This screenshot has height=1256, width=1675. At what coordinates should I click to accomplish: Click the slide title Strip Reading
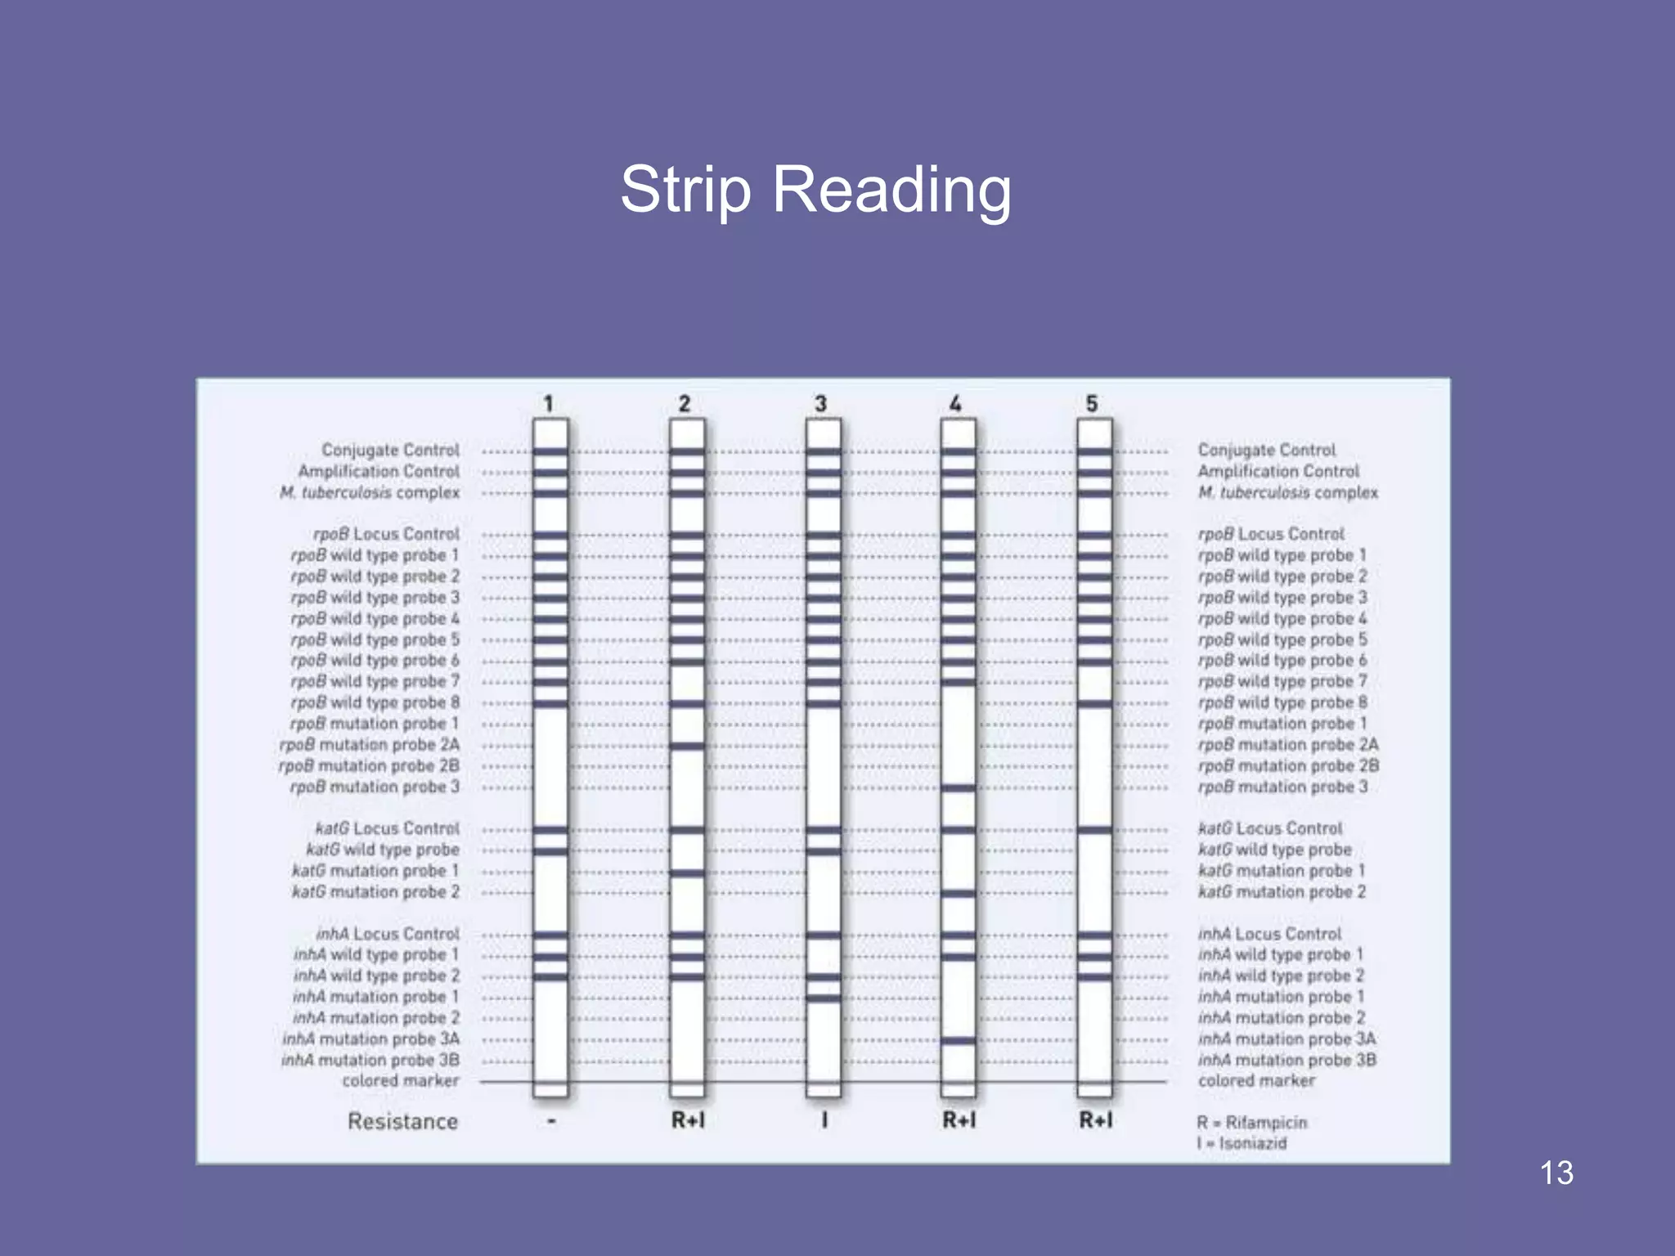(815, 191)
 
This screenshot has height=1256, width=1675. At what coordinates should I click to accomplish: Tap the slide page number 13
(1556, 1173)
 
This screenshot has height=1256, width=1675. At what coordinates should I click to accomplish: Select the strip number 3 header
(821, 403)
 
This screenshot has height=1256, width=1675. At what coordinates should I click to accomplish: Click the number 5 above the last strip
(1092, 403)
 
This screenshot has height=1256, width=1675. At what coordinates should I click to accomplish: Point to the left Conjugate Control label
(390, 450)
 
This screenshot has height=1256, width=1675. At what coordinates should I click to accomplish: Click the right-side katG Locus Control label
(1270, 828)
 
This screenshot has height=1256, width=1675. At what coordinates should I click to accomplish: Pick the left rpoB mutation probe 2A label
(369, 745)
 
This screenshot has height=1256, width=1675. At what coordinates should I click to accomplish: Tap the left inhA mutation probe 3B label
(370, 1060)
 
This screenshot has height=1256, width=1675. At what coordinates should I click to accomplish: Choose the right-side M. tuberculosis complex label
(1288, 492)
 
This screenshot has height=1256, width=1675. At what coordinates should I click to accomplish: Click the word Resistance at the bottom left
(402, 1121)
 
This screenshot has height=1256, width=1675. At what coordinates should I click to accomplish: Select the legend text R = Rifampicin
(1251, 1122)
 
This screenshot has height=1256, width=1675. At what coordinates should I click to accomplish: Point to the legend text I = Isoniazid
(1242, 1143)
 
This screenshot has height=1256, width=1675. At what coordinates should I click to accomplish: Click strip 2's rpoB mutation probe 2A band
(687, 746)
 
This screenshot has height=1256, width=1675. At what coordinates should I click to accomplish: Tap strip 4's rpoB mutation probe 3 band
(959, 788)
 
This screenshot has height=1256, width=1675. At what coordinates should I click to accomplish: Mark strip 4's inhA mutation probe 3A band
(959, 1040)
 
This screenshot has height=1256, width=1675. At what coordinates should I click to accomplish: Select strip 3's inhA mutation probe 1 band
(823, 998)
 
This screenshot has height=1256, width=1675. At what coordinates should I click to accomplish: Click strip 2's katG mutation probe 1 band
(687, 872)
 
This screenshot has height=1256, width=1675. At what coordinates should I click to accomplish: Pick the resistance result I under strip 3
(824, 1120)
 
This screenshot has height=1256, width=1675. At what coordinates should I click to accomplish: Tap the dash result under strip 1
(551, 1121)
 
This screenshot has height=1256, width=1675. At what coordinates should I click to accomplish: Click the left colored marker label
(401, 1080)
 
